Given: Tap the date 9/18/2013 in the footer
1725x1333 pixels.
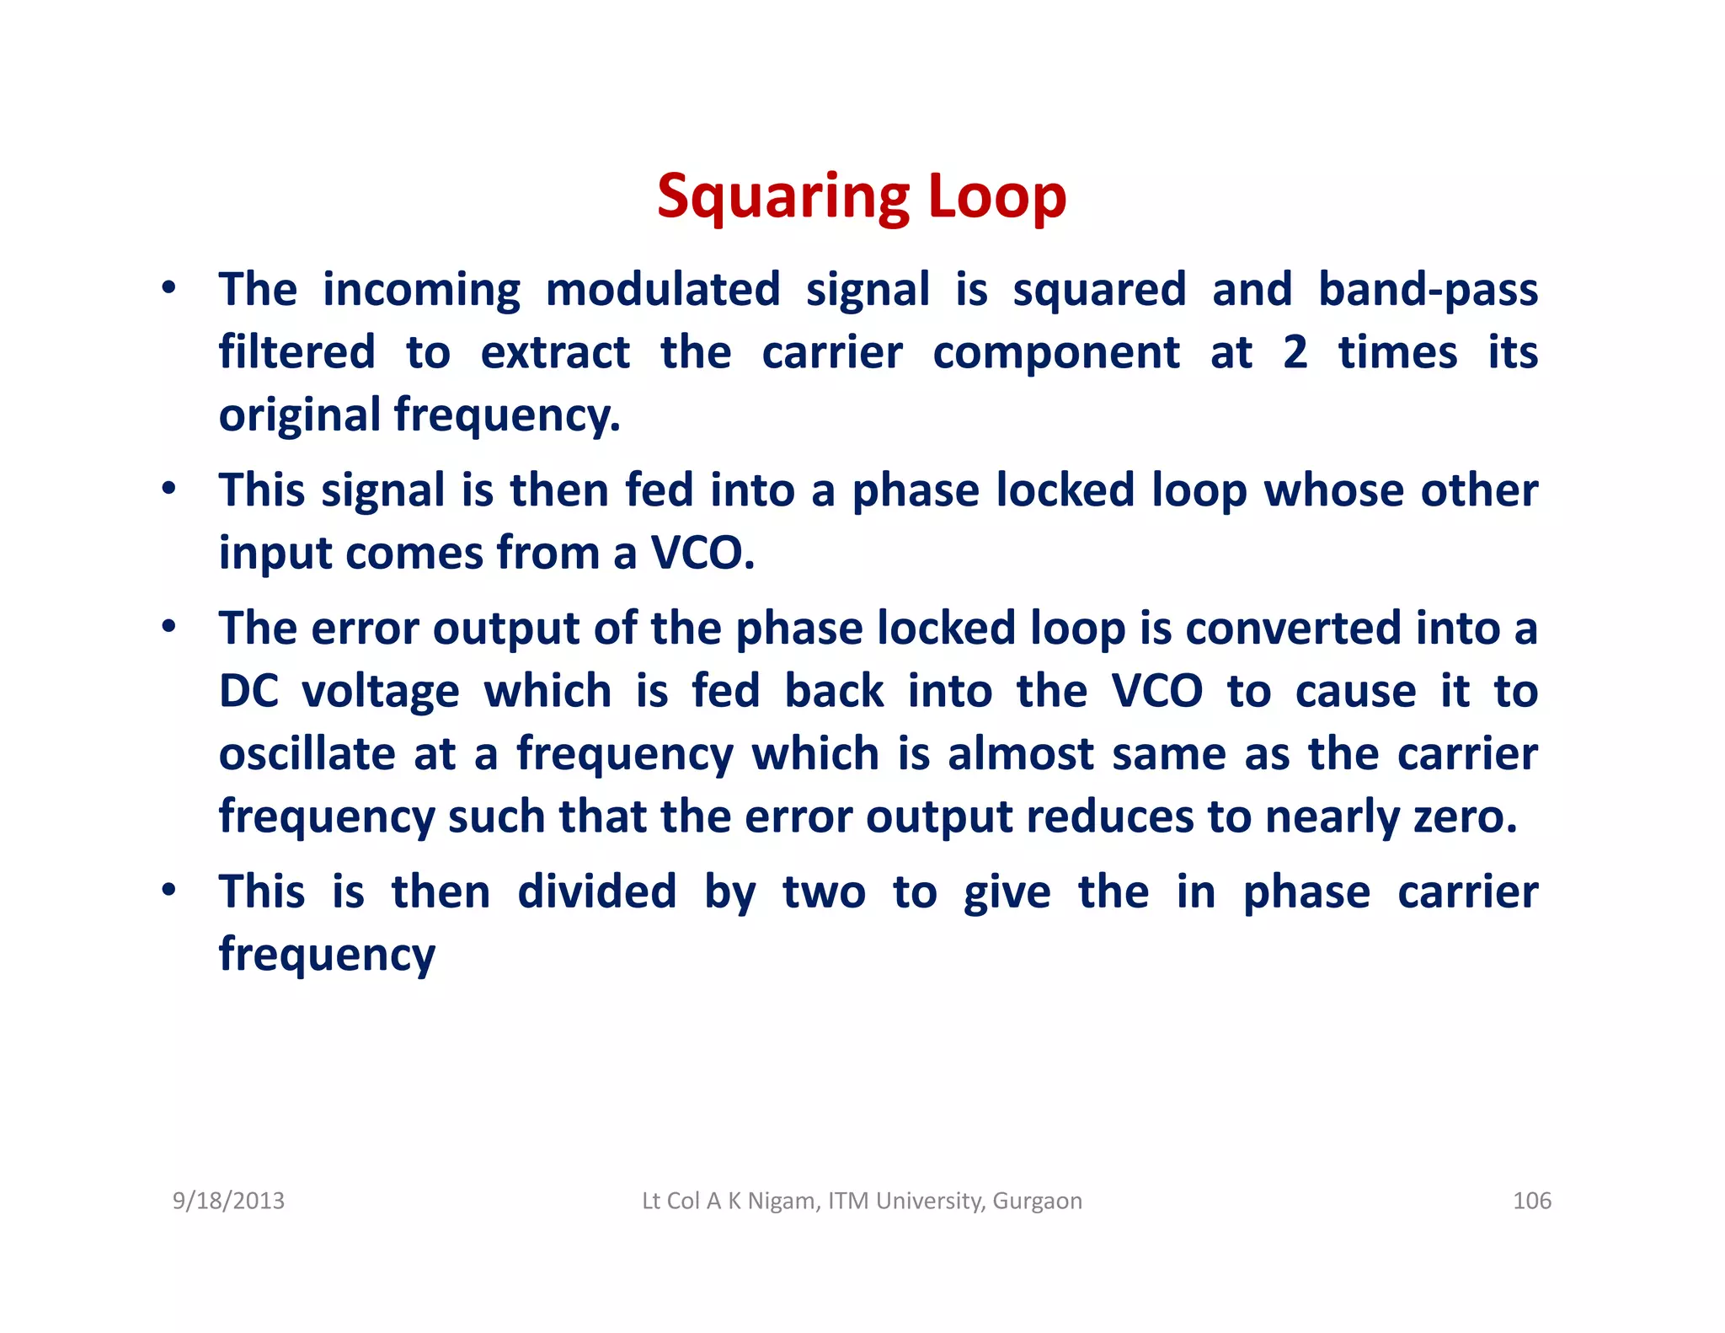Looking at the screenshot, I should coord(228,1201).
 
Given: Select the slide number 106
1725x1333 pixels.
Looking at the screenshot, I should coord(1531,1201).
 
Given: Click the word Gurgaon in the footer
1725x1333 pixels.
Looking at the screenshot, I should coord(1037,1201).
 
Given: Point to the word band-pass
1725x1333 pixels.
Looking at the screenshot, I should coord(1428,290).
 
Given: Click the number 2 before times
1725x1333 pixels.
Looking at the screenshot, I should coord(1295,352).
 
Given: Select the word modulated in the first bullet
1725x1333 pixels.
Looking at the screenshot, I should coord(663,290).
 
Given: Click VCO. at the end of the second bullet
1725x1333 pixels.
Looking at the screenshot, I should coord(702,554).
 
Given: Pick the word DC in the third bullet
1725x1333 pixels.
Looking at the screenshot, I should coord(248,691).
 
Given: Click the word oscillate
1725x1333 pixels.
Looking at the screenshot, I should coord(307,753).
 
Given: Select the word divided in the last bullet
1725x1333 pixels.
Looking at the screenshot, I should coord(596,892).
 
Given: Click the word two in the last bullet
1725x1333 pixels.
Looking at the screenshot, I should coord(824,892).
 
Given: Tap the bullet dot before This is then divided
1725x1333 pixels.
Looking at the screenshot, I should coord(169,890).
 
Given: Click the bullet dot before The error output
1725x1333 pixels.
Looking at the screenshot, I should coord(169,626).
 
